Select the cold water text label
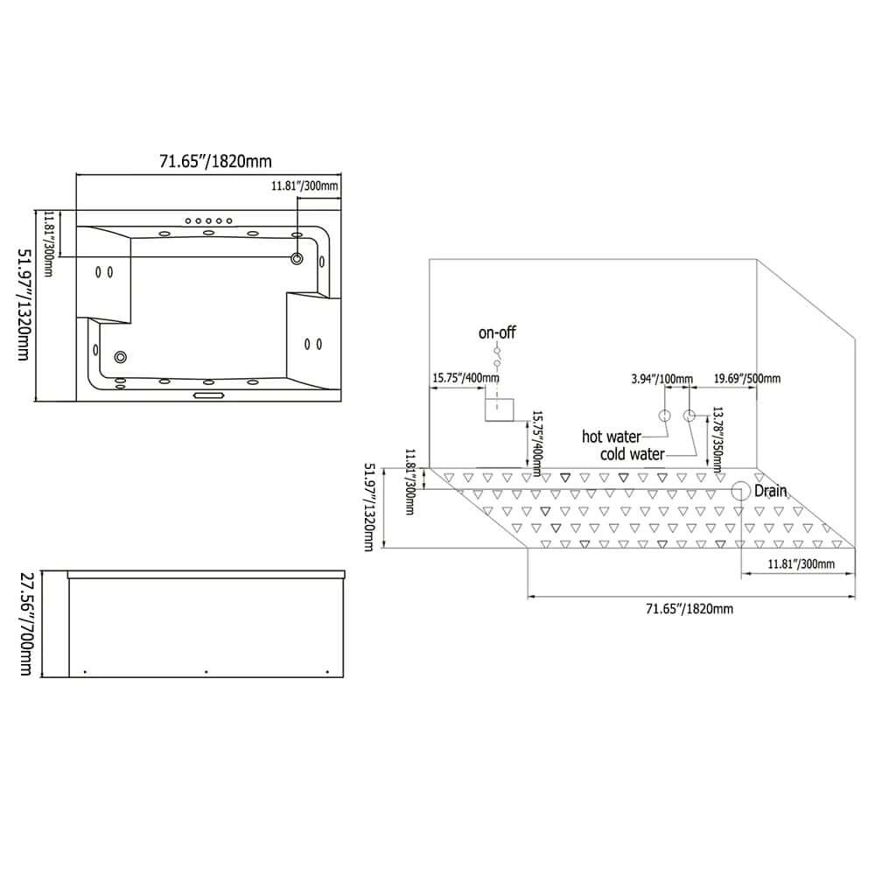tap(632, 454)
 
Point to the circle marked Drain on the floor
tap(741, 491)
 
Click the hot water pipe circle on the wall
tap(664, 415)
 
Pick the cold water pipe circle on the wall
tap(689, 415)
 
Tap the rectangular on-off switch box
tap(499, 406)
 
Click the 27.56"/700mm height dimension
tap(26, 624)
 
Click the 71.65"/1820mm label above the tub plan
tap(215, 161)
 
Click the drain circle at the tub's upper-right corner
tap(297, 258)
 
